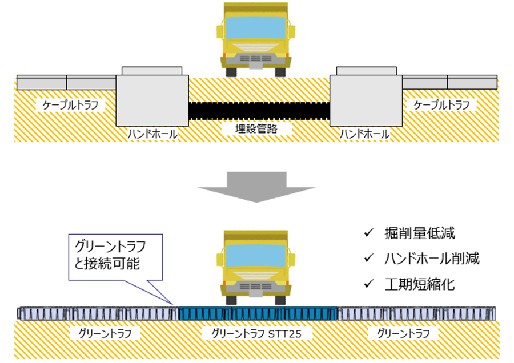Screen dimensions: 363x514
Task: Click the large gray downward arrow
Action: [x=256, y=185]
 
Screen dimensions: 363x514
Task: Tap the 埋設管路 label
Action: [x=257, y=129]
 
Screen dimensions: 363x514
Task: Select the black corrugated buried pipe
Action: [x=259, y=110]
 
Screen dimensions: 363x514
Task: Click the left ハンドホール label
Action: [x=152, y=134]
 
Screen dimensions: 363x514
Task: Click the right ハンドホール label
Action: [x=364, y=134]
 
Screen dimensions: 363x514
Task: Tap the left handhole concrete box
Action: [x=152, y=100]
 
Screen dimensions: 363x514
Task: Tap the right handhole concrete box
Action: [x=366, y=100]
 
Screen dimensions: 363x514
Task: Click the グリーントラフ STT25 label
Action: [x=256, y=333]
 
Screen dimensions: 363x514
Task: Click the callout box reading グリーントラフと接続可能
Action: [x=115, y=256]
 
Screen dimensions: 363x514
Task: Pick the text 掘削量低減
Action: [x=420, y=233]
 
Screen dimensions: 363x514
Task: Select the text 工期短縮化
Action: [x=420, y=284]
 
